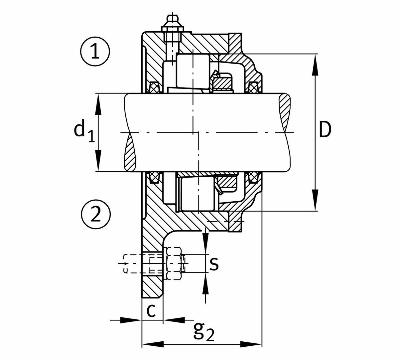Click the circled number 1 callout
95,52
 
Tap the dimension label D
325,130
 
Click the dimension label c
151,311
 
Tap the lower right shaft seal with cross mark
253,177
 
